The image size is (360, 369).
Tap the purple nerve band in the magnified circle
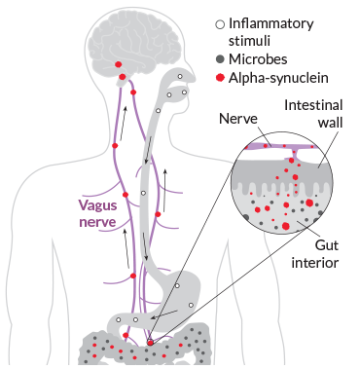pyautogui.click(x=282, y=146)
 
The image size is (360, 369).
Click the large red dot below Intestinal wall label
pyautogui.click(x=310, y=203)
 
